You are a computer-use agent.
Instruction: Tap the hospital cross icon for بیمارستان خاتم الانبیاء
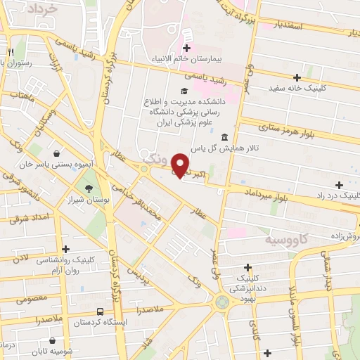pos(186,48)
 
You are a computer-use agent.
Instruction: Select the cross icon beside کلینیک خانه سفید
pos(297,77)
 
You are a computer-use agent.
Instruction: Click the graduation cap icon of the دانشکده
pos(184,91)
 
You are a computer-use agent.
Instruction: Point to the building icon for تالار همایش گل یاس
pos(224,137)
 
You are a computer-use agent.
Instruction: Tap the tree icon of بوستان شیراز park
pos(89,188)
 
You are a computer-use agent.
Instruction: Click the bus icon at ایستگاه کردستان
pos(99,311)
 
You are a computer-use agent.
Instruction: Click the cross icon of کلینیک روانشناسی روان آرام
pos(66,249)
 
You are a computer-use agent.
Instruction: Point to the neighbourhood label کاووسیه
pos(288,240)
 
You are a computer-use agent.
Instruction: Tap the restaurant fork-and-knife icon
pos(11,53)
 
